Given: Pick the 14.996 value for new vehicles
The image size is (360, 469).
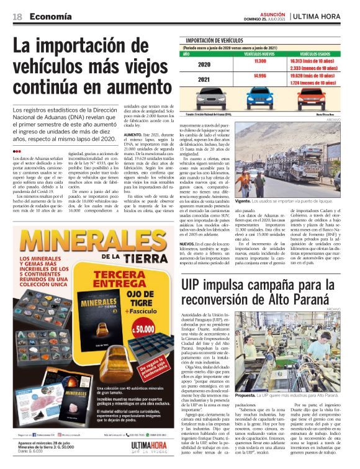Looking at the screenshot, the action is (x=260, y=76).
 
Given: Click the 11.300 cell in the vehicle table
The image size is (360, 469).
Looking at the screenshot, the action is (x=260, y=61).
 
